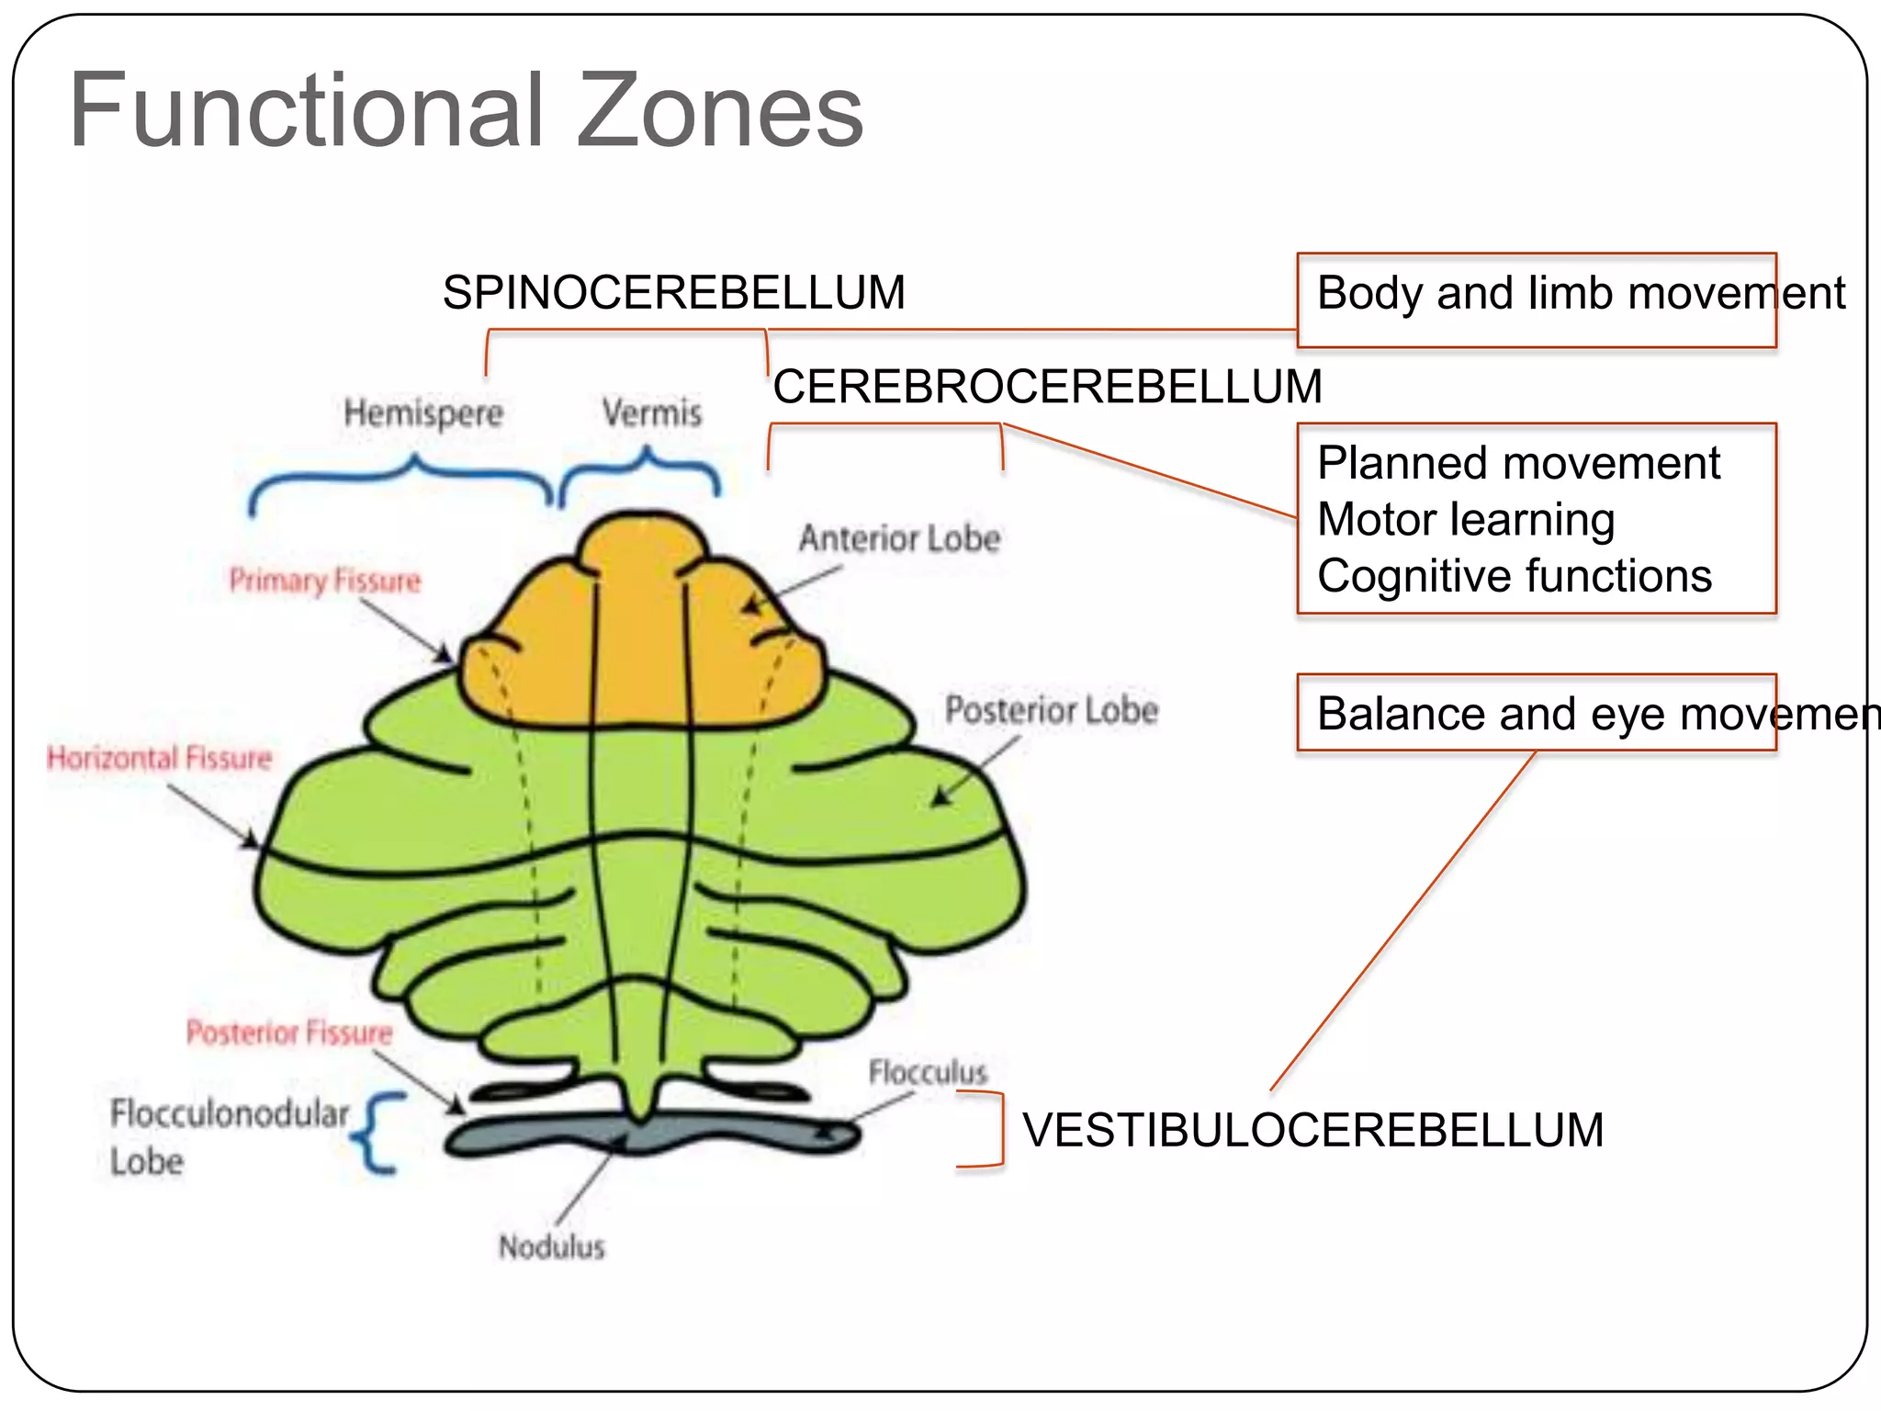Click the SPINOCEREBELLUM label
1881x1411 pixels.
pos(673,293)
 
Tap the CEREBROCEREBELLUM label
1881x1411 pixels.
pos(1047,386)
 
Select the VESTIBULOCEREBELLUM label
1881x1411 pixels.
pos(1312,1130)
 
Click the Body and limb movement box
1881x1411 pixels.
pos(1536,299)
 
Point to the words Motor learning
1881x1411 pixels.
pos(1465,520)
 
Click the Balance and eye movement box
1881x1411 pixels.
pos(1536,714)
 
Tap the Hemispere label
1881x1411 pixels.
pos(423,412)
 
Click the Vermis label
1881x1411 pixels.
pos(652,412)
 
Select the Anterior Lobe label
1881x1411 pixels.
pos(899,538)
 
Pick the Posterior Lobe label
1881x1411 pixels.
pos(1051,710)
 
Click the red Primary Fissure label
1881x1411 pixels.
pos(324,581)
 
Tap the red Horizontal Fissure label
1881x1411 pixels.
pos(160,758)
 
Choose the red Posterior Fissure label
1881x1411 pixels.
pos(288,1033)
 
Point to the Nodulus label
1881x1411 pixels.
pos(551,1247)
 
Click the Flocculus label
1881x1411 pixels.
pos(927,1072)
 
